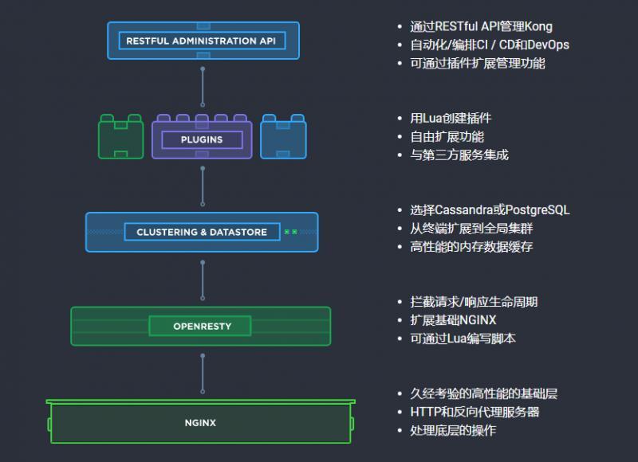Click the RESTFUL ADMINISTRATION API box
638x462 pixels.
(203, 41)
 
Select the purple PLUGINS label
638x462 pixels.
(202, 139)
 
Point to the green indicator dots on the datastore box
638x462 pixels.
(291, 233)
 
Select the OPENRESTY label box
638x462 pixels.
(200, 326)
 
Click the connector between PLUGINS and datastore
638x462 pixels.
(203, 185)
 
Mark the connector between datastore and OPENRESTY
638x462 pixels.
(203, 279)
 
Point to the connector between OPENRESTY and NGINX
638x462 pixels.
(203, 373)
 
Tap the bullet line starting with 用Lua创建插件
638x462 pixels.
(451, 118)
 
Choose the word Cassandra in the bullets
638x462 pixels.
(463, 210)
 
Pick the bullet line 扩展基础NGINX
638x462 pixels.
(453, 320)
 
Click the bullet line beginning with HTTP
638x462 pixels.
(475, 412)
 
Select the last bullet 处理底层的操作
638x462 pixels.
(453, 430)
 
